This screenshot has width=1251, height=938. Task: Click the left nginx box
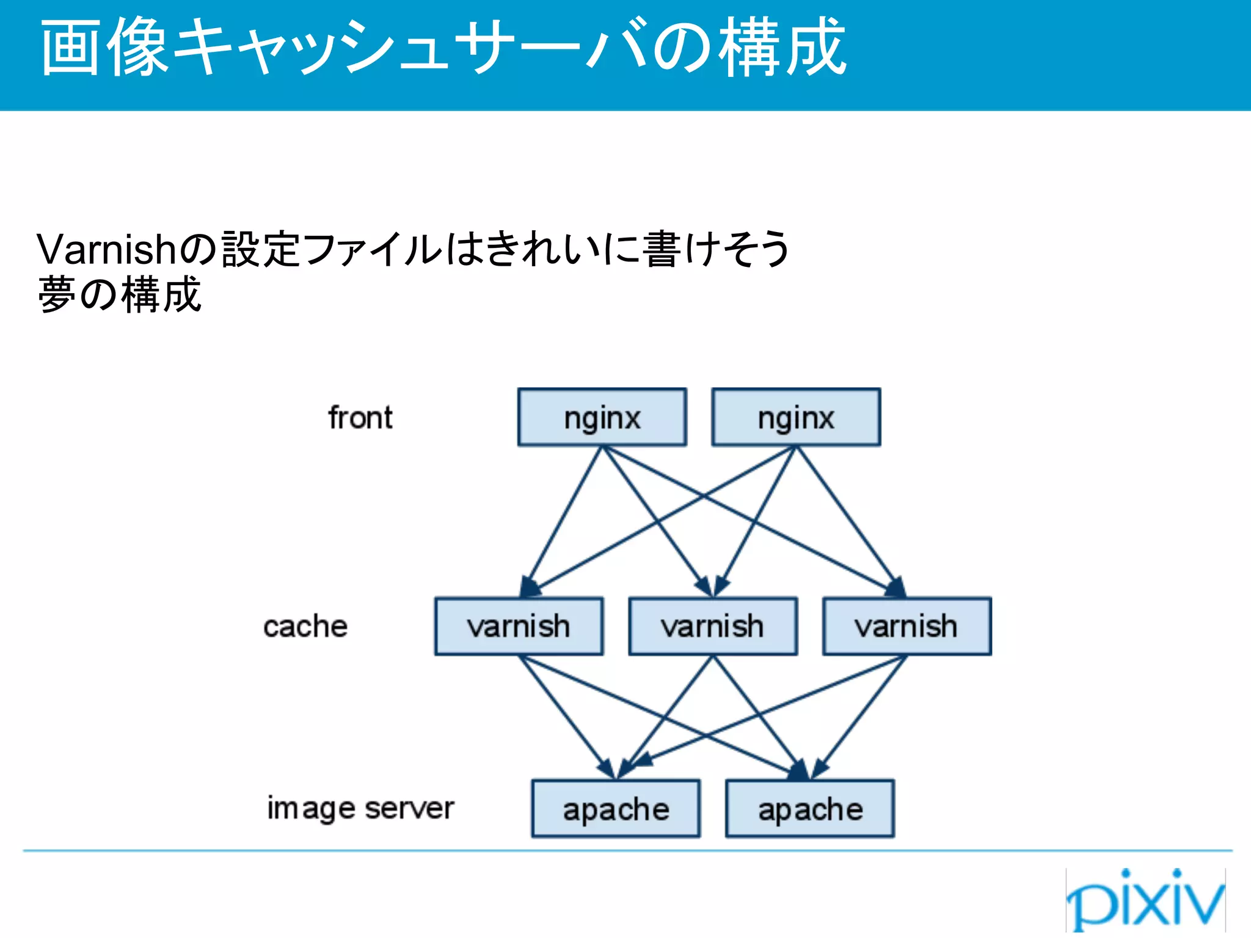click(602, 418)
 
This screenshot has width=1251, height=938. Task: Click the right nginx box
click(796, 418)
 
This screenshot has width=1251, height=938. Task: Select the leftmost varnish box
click(519, 627)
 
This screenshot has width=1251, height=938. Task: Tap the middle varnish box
click(713, 627)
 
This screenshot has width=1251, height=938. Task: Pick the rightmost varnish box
click(907, 627)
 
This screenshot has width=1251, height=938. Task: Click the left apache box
click(616, 809)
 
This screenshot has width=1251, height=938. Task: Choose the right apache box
click(810, 809)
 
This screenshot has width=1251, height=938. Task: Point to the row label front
click(360, 418)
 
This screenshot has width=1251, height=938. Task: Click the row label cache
click(305, 627)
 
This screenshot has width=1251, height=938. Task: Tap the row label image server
click(360, 809)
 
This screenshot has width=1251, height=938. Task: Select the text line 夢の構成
click(120, 295)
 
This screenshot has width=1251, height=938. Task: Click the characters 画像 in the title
click(104, 48)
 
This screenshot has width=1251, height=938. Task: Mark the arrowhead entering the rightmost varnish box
click(896, 587)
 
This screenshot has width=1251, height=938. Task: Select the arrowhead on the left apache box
click(617, 768)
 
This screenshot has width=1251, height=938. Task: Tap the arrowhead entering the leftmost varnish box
click(530, 587)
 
